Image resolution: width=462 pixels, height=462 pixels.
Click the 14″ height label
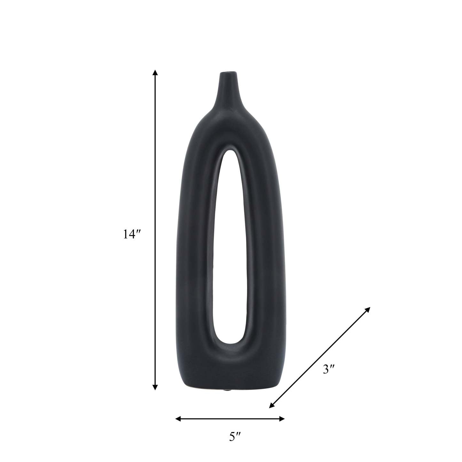132,234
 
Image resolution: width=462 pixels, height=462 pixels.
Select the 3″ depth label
329,370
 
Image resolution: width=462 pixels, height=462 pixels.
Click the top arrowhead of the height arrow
155,73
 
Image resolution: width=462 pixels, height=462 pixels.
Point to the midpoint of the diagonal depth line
320,357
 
